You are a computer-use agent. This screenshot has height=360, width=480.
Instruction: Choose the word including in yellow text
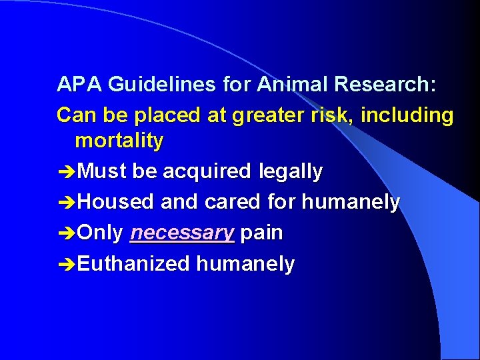pyautogui.click(x=407, y=115)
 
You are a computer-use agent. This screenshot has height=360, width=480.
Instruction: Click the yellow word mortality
pyautogui.click(x=119, y=141)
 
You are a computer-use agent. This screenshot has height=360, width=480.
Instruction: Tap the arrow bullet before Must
pyautogui.click(x=67, y=172)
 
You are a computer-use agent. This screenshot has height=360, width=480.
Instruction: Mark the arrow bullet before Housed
pyautogui.click(x=67, y=203)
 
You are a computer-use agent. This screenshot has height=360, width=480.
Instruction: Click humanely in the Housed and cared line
pyautogui.click(x=350, y=202)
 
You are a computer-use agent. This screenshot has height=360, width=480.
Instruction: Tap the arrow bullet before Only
pyautogui.click(x=67, y=233)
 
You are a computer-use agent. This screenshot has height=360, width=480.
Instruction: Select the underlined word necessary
pyautogui.click(x=183, y=233)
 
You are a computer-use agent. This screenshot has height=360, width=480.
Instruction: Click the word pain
pyautogui.click(x=262, y=233)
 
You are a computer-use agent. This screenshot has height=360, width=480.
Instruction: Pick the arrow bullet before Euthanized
pyautogui.click(x=67, y=264)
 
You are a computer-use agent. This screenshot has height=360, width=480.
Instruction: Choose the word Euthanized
pyautogui.click(x=134, y=264)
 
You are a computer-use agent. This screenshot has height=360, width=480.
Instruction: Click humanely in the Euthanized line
pyautogui.click(x=245, y=264)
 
